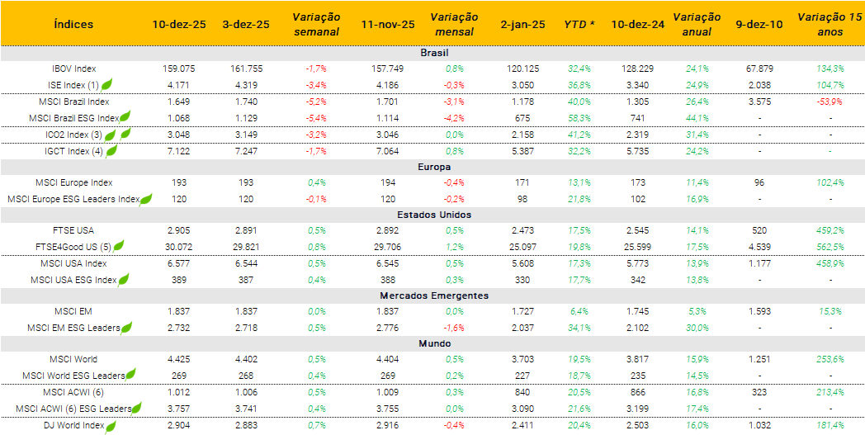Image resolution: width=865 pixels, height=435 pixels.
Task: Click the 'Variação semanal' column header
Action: (x=315, y=24)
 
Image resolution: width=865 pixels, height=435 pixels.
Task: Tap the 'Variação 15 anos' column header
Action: (x=821, y=24)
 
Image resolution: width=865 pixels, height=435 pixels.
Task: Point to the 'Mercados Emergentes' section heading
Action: (x=433, y=296)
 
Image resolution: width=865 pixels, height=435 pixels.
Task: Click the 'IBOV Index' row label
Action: (x=73, y=69)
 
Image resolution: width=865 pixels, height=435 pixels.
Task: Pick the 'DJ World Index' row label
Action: (x=74, y=425)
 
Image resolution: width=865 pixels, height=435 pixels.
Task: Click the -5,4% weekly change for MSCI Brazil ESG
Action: (x=316, y=118)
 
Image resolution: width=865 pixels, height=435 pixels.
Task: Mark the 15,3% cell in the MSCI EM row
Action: (x=830, y=311)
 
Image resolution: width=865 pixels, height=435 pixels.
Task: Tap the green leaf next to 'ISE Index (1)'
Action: (x=107, y=84)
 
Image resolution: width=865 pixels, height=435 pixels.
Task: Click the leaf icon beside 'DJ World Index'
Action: (x=111, y=426)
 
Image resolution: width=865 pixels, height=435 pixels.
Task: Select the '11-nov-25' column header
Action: (x=388, y=24)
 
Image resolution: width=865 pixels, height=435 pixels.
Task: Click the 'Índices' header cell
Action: (x=73, y=24)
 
